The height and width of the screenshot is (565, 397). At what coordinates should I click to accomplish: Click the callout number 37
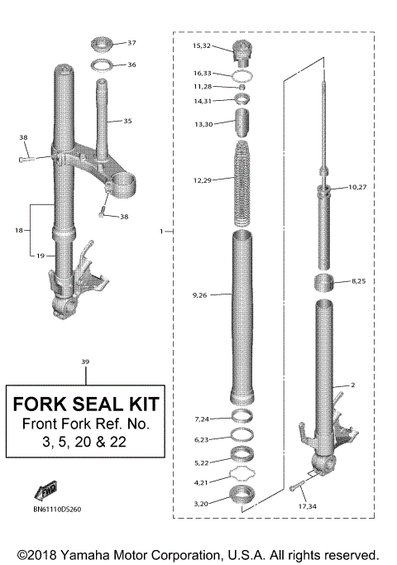click(132, 42)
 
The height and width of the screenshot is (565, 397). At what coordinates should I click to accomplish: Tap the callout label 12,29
click(203, 180)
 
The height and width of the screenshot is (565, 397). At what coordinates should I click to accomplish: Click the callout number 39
click(85, 362)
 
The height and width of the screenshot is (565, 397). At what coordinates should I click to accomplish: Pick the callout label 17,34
click(306, 505)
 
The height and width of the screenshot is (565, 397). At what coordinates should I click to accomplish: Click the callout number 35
click(127, 121)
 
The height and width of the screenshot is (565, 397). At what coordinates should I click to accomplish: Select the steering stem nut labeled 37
click(104, 42)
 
